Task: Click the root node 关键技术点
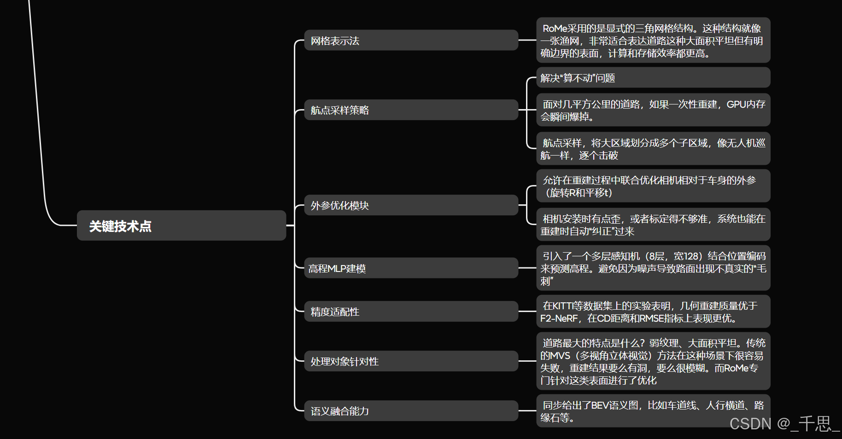click(x=181, y=225)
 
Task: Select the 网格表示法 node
click(x=411, y=40)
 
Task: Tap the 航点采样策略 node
click(x=411, y=110)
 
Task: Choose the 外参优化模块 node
click(x=411, y=205)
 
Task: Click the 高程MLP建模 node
click(x=411, y=268)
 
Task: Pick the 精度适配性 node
click(x=411, y=312)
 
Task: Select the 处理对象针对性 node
click(x=411, y=361)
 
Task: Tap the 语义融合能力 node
click(x=411, y=411)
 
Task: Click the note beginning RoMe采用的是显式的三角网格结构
click(x=653, y=40)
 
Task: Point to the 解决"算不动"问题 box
click(x=653, y=78)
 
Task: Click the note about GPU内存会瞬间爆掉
click(x=653, y=110)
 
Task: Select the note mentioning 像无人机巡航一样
click(x=653, y=149)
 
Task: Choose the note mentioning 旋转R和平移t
click(x=653, y=186)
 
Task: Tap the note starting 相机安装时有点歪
click(x=653, y=225)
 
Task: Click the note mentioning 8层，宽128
click(x=653, y=268)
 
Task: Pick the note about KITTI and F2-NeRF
click(x=653, y=312)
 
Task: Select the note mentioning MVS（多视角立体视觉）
click(x=653, y=361)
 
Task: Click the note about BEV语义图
click(x=653, y=411)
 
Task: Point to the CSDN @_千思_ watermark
click(x=784, y=423)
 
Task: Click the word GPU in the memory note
click(x=736, y=104)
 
